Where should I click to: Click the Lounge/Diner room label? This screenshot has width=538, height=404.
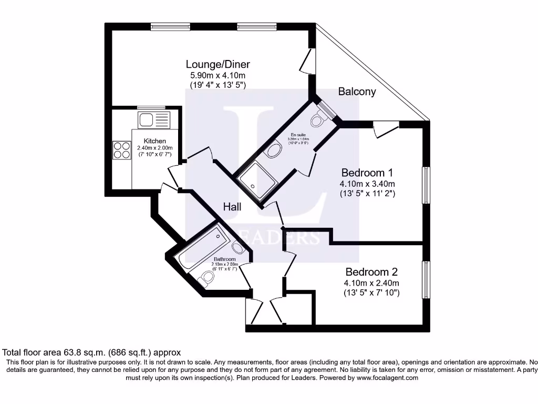[218, 65]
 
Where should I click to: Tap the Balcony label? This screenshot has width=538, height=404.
[357, 92]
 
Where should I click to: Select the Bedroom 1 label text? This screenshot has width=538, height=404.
[367, 173]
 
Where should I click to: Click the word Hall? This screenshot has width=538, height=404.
[232, 207]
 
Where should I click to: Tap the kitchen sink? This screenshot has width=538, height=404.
[153, 120]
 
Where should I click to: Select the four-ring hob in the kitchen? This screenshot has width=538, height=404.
[121, 150]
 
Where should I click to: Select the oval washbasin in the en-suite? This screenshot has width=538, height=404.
[274, 152]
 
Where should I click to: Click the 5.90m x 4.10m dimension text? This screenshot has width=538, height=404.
[218, 76]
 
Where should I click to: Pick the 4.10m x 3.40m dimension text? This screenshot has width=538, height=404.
[367, 184]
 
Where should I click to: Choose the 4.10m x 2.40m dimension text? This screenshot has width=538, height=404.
[371, 283]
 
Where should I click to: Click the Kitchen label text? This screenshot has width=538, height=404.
[155, 141]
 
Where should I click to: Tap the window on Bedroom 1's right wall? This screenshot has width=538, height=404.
[426, 185]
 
